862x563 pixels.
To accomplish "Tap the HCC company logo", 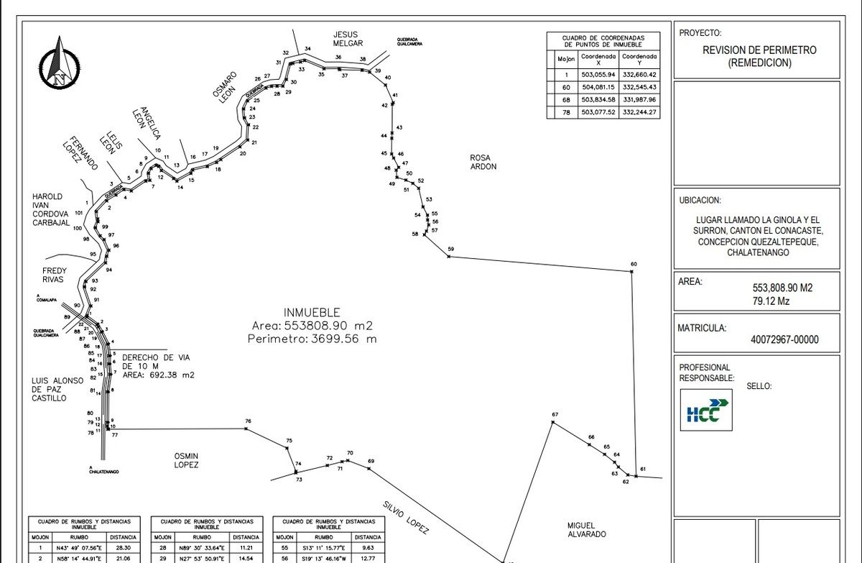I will [x=706, y=410].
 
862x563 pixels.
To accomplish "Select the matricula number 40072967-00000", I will [x=784, y=340].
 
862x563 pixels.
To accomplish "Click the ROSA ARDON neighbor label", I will [x=483, y=163].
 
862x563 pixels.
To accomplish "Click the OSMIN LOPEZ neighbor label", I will [x=186, y=460].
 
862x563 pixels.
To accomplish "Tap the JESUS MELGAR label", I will [x=345, y=39].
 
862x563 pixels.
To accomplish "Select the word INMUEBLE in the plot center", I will [x=312, y=313].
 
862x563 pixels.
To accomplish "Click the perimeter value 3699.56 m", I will [x=312, y=339].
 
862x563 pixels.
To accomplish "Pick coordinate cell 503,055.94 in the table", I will [x=598, y=74].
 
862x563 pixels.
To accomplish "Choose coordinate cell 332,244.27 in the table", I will [x=639, y=112].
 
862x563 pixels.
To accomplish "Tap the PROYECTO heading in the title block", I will [x=700, y=32].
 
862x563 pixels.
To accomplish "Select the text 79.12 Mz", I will [x=770, y=301].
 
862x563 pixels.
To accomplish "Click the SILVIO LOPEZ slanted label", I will [x=405, y=518].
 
